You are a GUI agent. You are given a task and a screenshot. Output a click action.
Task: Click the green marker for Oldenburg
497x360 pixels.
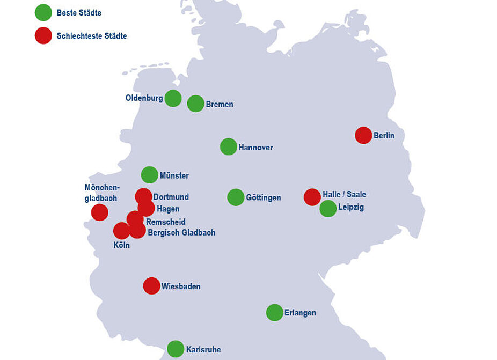coord(173,98)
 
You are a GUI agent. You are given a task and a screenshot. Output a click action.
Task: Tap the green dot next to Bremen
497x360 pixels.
coord(196,104)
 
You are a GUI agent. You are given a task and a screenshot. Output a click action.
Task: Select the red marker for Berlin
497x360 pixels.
coord(363,135)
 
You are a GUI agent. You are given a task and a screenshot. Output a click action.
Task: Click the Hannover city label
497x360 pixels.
coord(255,148)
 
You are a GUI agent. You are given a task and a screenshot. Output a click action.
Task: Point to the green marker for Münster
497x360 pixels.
coord(150,175)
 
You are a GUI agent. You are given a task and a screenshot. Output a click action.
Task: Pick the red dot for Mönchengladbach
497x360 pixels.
coord(100,212)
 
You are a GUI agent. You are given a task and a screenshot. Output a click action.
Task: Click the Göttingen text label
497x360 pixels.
coord(263,198)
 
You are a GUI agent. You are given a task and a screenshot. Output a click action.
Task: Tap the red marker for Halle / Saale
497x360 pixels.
coord(312,197)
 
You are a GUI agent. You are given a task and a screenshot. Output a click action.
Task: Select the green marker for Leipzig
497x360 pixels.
coord(328,209)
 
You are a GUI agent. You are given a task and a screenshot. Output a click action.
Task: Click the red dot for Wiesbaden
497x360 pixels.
coord(152,286)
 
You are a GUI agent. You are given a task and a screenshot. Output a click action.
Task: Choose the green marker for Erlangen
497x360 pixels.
coord(275,312)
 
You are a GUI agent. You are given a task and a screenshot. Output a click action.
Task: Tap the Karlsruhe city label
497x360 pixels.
coord(203,350)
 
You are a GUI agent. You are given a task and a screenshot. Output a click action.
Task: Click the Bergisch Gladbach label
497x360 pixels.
coord(181,233)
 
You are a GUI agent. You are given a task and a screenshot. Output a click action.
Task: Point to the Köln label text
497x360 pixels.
coord(122,245)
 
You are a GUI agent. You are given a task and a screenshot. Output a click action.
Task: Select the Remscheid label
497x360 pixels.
coord(166,222)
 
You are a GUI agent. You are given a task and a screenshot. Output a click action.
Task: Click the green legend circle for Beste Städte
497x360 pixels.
coord(43,12)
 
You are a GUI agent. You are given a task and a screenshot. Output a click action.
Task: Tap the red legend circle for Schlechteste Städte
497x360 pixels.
coord(43,35)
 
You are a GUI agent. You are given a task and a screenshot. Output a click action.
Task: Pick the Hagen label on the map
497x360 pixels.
coord(168,209)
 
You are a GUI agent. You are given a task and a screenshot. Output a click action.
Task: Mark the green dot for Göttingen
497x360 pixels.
coord(236,197)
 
